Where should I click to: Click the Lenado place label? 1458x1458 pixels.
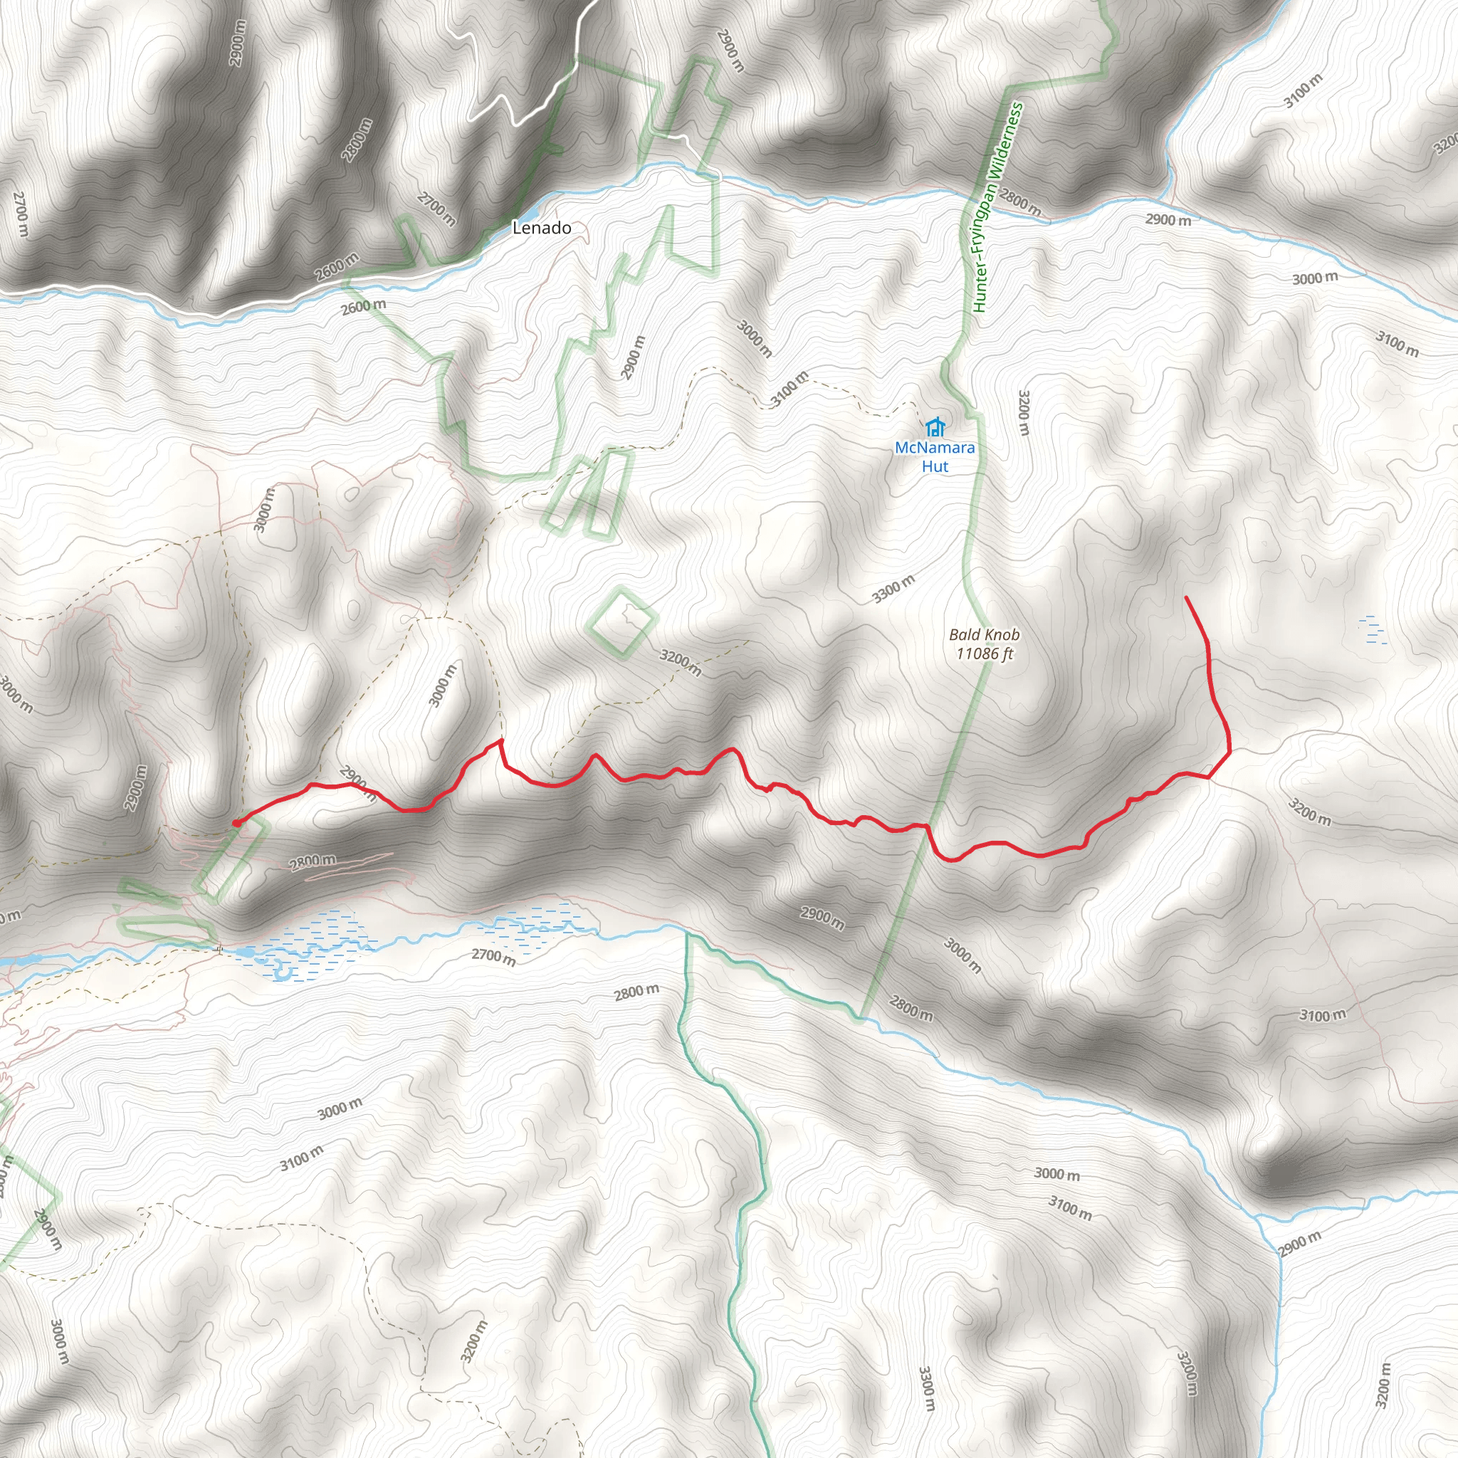pos(541,227)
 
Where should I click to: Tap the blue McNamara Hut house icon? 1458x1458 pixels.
pos(935,427)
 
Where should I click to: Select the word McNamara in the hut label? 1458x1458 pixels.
pos(934,448)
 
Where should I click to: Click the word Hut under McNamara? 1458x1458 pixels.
pos(934,466)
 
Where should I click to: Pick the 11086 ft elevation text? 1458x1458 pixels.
pos(984,654)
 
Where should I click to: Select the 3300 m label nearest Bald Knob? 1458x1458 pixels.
pos(893,589)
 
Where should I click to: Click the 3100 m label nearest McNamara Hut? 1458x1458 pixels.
pos(790,389)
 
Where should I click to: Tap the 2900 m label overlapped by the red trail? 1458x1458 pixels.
pos(357,782)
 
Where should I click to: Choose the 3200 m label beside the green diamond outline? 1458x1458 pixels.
pos(680,663)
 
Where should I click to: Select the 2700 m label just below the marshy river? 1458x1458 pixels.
pos(493,957)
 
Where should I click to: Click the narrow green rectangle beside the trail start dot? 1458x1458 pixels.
pos(232,860)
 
